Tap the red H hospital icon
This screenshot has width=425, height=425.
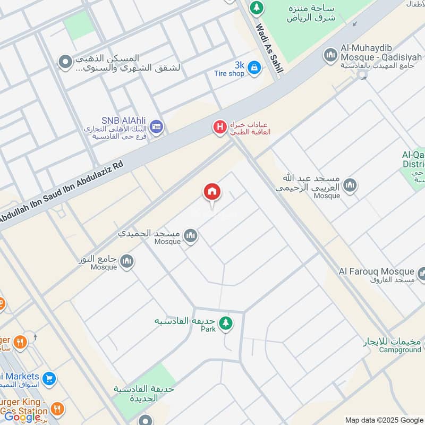(219, 127)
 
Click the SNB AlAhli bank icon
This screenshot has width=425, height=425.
(156, 126)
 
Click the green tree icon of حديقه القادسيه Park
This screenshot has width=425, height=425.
(226, 322)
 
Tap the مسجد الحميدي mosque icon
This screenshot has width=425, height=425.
(190, 235)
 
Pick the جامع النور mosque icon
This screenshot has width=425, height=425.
(126, 261)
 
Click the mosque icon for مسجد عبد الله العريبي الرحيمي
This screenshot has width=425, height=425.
(349, 185)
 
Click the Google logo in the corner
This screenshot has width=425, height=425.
(22, 416)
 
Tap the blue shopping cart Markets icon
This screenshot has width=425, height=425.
(49, 378)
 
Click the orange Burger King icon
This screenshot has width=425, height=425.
(57, 409)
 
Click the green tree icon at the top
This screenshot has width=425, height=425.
(257, 7)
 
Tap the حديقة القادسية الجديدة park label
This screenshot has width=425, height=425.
(143, 394)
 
